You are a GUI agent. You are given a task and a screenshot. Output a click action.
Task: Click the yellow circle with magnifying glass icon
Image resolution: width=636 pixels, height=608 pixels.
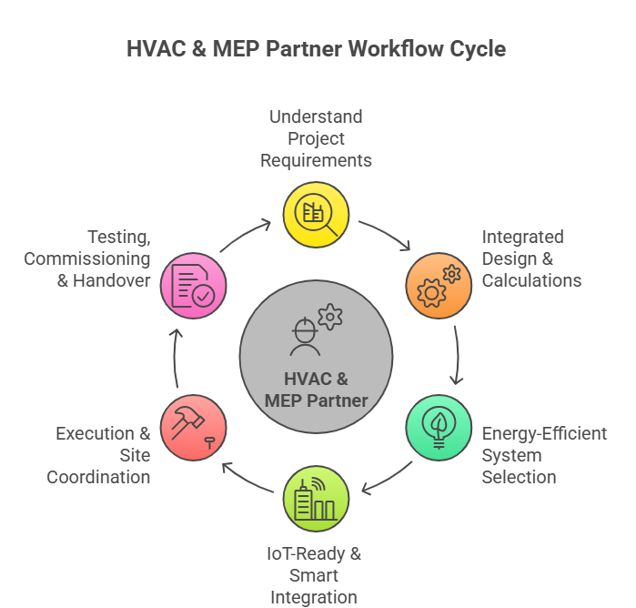(317, 215)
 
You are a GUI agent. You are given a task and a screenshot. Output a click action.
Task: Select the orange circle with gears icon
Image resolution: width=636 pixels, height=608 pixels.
(439, 286)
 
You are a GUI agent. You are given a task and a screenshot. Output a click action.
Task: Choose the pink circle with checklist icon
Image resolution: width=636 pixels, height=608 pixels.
(194, 286)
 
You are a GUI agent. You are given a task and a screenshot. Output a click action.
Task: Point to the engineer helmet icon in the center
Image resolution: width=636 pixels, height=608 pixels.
(304, 335)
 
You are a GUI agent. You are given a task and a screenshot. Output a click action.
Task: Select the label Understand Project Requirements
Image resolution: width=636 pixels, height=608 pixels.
(316, 138)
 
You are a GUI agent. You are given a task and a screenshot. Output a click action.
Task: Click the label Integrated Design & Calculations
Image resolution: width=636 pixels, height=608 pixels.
(530, 258)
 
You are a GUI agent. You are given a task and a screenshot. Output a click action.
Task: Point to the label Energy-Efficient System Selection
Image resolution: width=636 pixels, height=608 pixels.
(543, 455)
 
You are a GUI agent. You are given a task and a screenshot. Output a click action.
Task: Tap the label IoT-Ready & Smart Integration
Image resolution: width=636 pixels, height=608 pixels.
(314, 575)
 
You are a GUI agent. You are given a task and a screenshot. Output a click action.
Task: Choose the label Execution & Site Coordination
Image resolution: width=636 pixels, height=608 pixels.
(102, 455)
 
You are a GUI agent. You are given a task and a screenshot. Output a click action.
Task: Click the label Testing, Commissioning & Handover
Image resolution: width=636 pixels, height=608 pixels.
(87, 258)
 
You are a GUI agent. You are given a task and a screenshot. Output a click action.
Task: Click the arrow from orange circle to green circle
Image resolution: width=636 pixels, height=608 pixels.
(457, 355)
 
